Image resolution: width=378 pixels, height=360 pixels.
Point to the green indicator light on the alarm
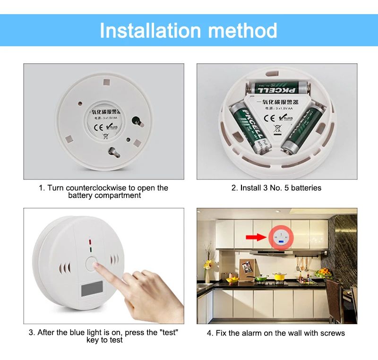coord(89,249)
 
